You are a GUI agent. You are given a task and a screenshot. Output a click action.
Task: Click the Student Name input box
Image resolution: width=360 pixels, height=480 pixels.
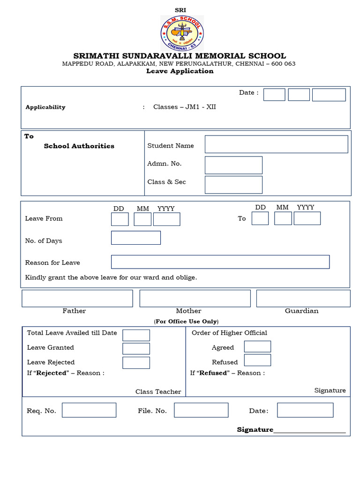[276, 144]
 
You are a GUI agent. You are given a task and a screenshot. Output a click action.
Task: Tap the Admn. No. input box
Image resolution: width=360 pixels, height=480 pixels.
[233, 165]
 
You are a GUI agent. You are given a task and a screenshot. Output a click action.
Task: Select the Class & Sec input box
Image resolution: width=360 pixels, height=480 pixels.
[233, 185]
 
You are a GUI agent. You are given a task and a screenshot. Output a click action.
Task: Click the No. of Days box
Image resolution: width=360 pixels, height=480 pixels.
[136, 238]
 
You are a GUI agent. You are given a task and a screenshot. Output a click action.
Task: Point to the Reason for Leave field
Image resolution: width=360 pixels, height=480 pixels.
[220, 262]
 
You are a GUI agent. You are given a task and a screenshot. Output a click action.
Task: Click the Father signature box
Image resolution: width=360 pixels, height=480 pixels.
[77, 299]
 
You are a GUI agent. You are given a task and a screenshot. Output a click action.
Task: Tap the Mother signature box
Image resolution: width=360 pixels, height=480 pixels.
[195, 299]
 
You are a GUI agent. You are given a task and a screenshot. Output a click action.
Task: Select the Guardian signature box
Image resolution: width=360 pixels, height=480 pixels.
[303, 299]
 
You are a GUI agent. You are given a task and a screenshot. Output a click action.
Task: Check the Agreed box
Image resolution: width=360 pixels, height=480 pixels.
[257, 347]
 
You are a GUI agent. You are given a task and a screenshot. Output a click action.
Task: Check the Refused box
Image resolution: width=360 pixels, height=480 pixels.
[257, 360]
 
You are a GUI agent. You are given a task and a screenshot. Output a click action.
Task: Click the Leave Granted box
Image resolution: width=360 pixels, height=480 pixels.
[136, 349]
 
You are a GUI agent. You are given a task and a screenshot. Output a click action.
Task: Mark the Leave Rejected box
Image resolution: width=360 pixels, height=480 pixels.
[136, 363]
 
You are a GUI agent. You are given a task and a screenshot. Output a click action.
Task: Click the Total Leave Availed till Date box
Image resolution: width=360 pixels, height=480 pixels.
[136, 335]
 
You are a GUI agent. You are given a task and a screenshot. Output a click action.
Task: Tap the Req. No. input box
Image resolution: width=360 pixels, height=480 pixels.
[89, 410]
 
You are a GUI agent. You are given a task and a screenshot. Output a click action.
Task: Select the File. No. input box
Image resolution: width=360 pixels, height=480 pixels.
[201, 410]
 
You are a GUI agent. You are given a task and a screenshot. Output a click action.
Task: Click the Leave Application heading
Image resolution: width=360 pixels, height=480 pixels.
[180, 71]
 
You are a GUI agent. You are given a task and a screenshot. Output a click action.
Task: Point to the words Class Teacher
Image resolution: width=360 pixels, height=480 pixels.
[158, 392]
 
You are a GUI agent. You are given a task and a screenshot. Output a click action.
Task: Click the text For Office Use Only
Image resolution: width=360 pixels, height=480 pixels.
[186, 322]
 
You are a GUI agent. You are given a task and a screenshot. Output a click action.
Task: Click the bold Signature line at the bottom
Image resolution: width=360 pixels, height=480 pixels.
[291, 429]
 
